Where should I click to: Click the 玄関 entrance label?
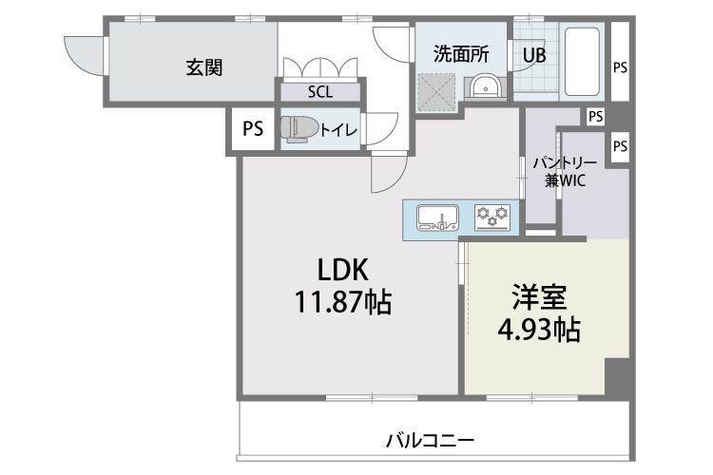pos(204,67)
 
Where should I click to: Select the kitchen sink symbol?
pos(437,218)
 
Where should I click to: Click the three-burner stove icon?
pos(492,217)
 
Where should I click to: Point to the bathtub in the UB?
pos(582,62)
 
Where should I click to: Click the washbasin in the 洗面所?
pos(485,85)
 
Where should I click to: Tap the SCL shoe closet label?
pos(320,92)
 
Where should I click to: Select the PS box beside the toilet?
pos(253,128)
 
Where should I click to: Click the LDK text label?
pos(342,270)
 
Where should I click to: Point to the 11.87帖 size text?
pos(343,302)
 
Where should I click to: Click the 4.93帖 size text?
pos(539,330)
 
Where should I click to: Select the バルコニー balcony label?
pos(430,441)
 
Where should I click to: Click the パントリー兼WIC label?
pos(566,172)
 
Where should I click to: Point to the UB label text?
pos(534,55)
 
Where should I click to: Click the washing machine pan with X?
pos(436,92)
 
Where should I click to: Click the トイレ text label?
pos(338,130)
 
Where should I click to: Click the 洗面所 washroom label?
pos(461,54)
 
